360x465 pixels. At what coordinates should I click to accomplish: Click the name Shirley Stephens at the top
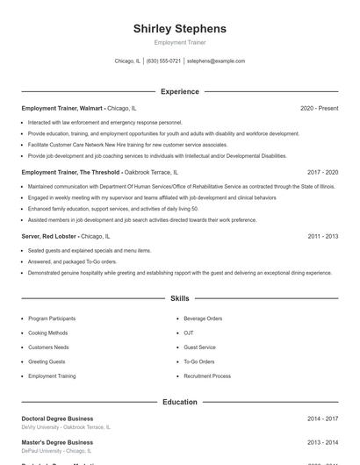[179, 29]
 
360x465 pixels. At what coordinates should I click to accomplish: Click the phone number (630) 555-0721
[163, 61]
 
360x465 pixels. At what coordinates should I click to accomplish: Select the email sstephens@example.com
[216, 61]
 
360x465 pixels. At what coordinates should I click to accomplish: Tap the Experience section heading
[179, 91]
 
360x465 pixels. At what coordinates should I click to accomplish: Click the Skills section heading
[179, 299]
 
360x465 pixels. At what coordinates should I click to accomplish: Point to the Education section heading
[179, 402]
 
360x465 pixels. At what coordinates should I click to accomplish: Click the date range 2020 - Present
[319, 108]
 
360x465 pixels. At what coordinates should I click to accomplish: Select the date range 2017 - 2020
[322, 173]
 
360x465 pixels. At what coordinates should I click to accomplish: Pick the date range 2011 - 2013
[322, 236]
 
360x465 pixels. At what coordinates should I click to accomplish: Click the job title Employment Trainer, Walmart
[62, 108]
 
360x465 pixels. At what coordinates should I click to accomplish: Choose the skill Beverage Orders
[203, 318]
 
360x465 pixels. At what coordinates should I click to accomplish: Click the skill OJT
[188, 333]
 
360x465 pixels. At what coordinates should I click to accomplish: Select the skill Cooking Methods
[47, 333]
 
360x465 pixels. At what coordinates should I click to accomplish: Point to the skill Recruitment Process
[207, 376]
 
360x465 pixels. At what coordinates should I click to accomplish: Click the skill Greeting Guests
[47, 361]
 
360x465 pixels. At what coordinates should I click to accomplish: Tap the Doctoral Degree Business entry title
[57, 418]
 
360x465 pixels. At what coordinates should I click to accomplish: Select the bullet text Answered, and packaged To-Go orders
[72, 261]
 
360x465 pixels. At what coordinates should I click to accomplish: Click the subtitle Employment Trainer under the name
[179, 42]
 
